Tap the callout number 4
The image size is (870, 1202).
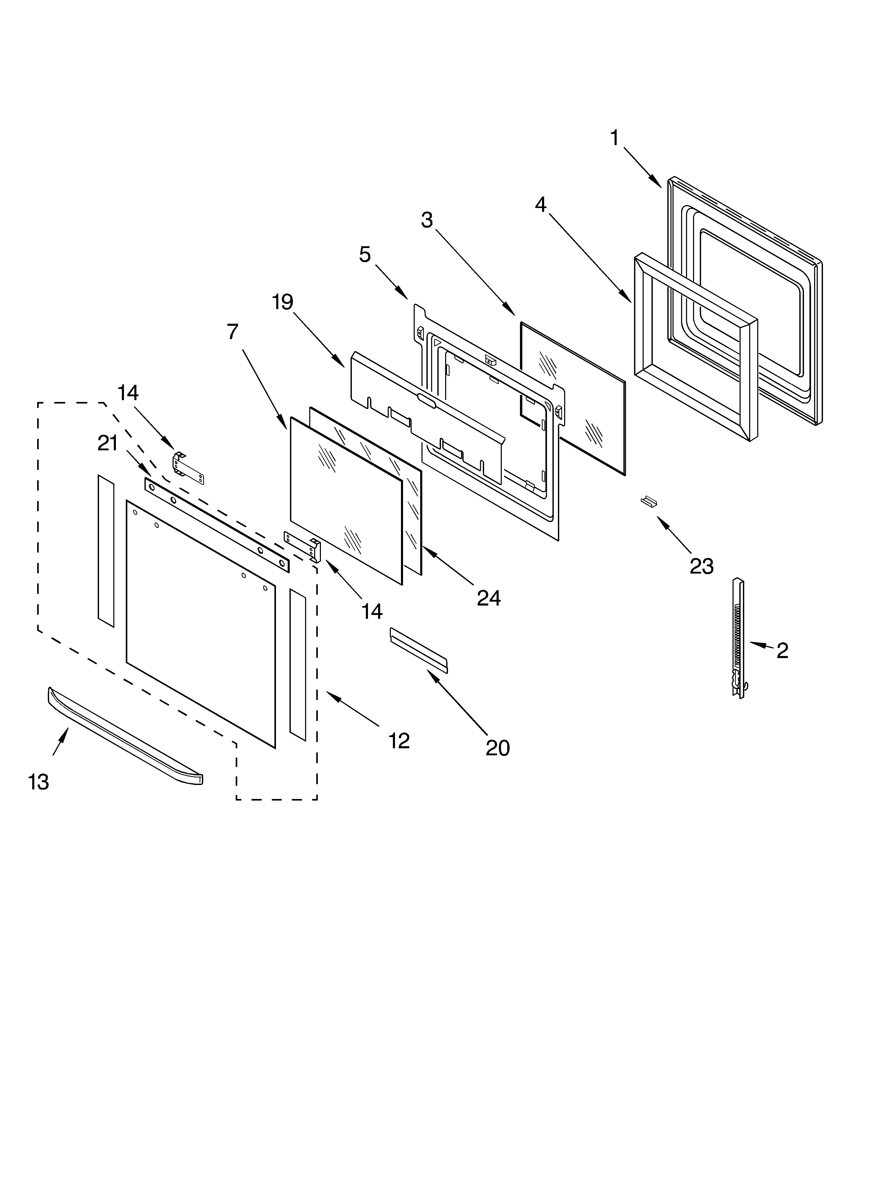coord(541,205)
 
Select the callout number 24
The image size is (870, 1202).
coord(489,598)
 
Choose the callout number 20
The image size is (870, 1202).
coord(498,748)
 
